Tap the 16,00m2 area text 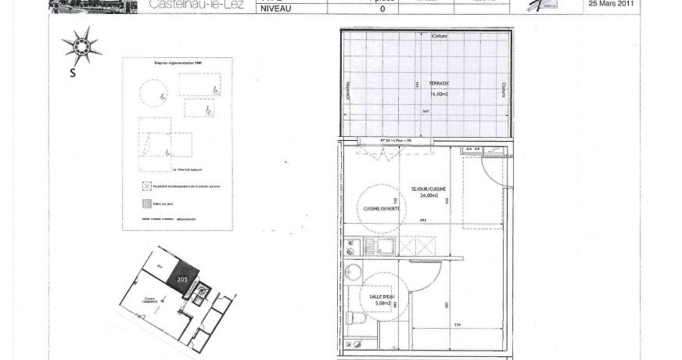438,94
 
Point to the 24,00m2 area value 429,196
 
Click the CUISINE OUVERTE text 382,209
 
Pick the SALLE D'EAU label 382,297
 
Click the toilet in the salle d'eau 354,318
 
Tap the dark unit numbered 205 183,278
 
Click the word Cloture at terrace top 440,37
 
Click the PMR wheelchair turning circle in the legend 153,94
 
